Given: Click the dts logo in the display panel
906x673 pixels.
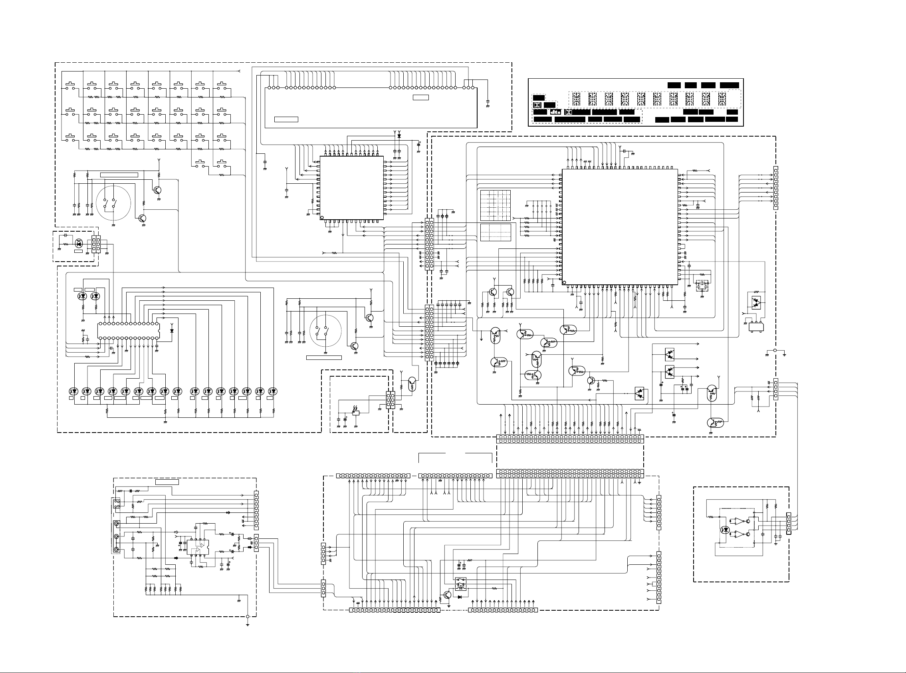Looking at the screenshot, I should click(x=555, y=112).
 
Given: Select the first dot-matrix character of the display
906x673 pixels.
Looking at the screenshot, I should click(x=576, y=99).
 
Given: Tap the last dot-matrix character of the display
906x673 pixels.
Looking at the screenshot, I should click(x=722, y=99).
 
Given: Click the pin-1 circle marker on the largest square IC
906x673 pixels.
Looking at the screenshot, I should click(x=564, y=282).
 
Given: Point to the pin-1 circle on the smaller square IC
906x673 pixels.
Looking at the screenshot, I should click(x=322, y=218).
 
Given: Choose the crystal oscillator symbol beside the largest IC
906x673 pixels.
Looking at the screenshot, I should click(x=702, y=284).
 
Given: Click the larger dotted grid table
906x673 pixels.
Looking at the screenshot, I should click(x=495, y=204).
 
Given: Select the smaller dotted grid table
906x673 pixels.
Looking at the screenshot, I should click(x=495, y=232).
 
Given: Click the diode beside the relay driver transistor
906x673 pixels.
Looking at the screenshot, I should click(x=460, y=597).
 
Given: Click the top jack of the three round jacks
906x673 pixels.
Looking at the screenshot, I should click(x=117, y=524).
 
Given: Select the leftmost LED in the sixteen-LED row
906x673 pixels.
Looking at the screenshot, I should click(x=73, y=391).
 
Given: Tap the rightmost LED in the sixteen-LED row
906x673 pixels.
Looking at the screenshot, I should click(x=272, y=391).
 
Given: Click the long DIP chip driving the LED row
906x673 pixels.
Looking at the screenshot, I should click(x=128, y=330).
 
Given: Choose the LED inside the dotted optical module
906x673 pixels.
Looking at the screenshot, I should click(x=725, y=530).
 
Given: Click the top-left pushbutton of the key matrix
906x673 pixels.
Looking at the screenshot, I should click(x=70, y=87).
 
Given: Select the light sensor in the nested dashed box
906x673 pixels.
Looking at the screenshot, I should click(x=355, y=412).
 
